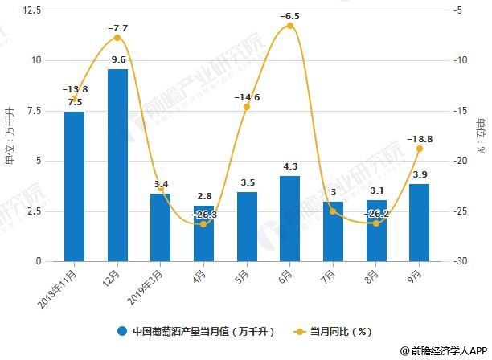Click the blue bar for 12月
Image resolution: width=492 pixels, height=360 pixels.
pos(117,165)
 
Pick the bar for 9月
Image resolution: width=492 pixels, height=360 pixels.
pos(419,223)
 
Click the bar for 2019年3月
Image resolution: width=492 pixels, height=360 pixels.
pos(160,227)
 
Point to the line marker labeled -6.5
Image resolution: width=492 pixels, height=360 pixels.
pos(289,26)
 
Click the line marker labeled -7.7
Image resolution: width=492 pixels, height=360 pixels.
pos(117,38)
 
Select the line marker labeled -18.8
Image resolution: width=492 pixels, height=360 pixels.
pos(419,149)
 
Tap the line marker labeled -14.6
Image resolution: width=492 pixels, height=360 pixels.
pos(247,107)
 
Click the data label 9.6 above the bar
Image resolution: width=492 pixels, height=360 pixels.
pos(117,59)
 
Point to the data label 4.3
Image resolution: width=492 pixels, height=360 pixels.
pos(289,166)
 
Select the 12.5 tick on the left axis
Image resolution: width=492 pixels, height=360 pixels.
pos(32,10)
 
